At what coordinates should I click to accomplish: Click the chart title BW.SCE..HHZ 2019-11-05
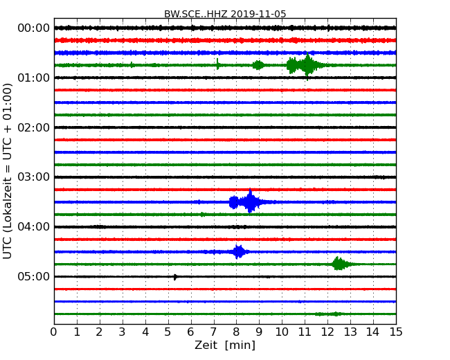pyautogui.click(x=225, y=14)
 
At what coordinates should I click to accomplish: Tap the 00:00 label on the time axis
pyautogui.click(x=33, y=28)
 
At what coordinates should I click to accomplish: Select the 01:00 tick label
pyautogui.click(x=33, y=78)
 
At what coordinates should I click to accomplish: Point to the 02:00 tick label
pyautogui.click(x=33, y=127)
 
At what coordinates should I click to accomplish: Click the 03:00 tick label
pyautogui.click(x=33, y=177)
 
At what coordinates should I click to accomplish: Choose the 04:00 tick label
pyautogui.click(x=33, y=227)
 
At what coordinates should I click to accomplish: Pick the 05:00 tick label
pyautogui.click(x=33, y=277)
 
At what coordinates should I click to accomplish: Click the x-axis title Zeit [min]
pyautogui.click(x=225, y=345)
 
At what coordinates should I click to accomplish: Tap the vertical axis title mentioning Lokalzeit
pyautogui.click(x=8, y=171)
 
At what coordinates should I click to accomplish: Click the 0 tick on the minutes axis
pyautogui.click(x=54, y=332)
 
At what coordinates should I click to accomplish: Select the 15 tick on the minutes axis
pyautogui.click(x=396, y=332)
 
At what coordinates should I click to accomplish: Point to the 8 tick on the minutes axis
pyautogui.click(x=236, y=332)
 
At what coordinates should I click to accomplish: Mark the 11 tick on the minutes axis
pyautogui.click(x=305, y=332)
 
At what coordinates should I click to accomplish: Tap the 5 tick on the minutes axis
pyautogui.click(x=168, y=332)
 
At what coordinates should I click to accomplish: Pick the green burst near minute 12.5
pyautogui.click(x=339, y=264)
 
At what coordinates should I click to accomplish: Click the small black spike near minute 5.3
pyautogui.click(x=175, y=277)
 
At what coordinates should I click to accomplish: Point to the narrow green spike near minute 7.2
pyautogui.click(x=218, y=64)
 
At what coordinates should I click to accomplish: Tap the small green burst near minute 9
pyautogui.click(x=258, y=65)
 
